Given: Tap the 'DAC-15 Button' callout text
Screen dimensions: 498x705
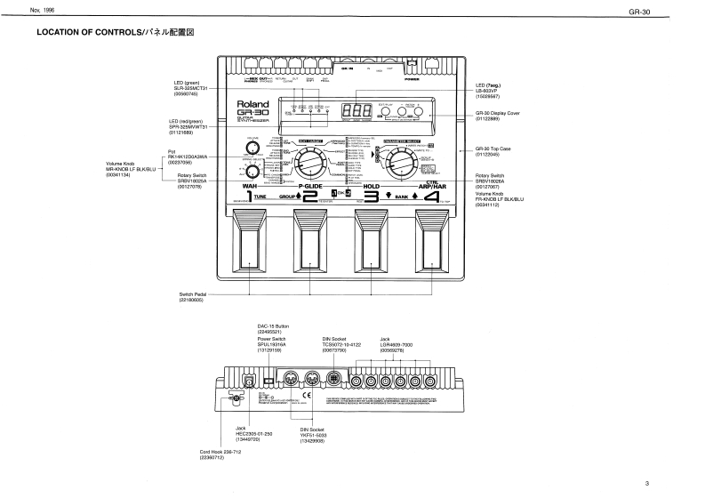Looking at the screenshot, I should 273,328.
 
